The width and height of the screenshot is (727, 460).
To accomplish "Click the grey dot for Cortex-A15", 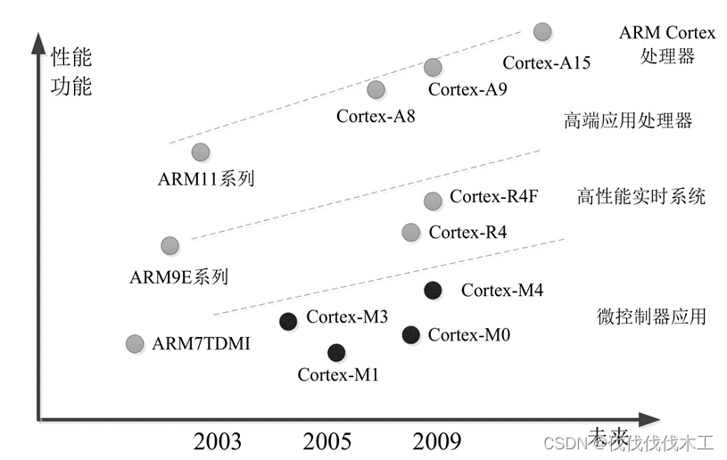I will (x=542, y=32).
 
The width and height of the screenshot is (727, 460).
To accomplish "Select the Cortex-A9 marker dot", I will (x=433, y=67).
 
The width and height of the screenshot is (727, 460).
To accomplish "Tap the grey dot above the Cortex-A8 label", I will (x=376, y=90).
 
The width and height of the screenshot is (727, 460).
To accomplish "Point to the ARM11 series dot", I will (x=201, y=152).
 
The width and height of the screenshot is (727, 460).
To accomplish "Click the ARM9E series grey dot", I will (x=169, y=245).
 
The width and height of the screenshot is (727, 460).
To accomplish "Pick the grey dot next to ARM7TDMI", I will (x=135, y=343).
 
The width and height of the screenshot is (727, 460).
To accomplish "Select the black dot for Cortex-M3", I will (x=288, y=322).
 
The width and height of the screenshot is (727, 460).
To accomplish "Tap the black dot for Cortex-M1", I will (x=336, y=352).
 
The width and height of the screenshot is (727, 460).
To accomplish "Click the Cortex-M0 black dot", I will (x=410, y=334).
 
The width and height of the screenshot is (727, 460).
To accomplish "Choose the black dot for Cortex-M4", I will (x=433, y=289).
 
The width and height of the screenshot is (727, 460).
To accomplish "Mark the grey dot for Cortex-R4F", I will (x=433, y=201).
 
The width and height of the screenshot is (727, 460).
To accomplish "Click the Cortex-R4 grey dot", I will (x=410, y=233).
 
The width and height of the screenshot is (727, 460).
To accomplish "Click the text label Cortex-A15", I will (x=547, y=62).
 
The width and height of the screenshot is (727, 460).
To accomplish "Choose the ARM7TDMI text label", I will (x=202, y=343).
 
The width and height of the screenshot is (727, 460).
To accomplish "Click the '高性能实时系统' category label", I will (x=641, y=196).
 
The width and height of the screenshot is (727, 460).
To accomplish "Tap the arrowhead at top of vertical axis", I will (x=38, y=40).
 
